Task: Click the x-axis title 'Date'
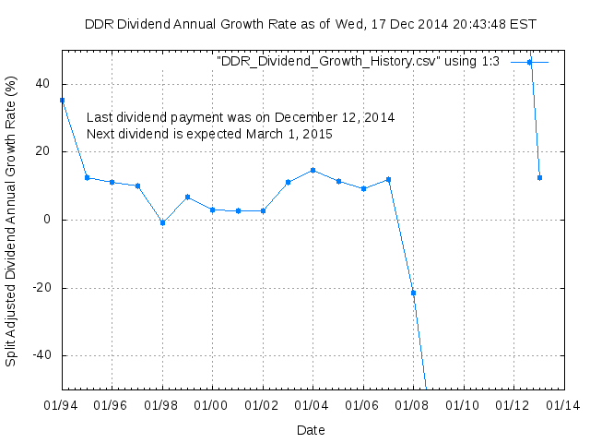[311, 429]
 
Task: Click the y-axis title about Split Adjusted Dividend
[11, 220]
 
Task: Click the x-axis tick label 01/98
[161, 405]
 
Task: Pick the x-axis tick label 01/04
[313, 405]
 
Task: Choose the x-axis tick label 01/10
[463, 405]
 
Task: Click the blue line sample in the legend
[530, 62]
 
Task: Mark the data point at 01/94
[62, 100]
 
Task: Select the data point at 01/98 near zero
[162, 222]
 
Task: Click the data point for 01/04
[313, 170]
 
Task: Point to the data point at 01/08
[413, 293]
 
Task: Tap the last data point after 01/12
[539, 177]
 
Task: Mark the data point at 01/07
[388, 179]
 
